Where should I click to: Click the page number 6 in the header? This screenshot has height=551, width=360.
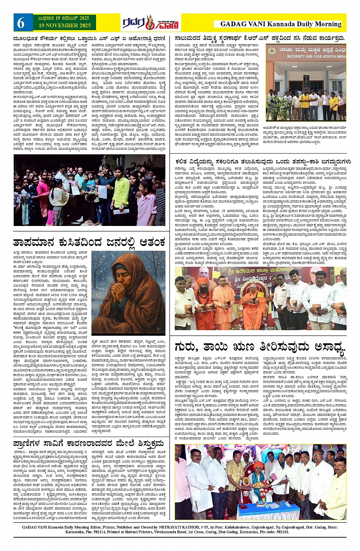(x=21, y=23)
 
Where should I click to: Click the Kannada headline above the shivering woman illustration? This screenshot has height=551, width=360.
(x=90, y=242)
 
